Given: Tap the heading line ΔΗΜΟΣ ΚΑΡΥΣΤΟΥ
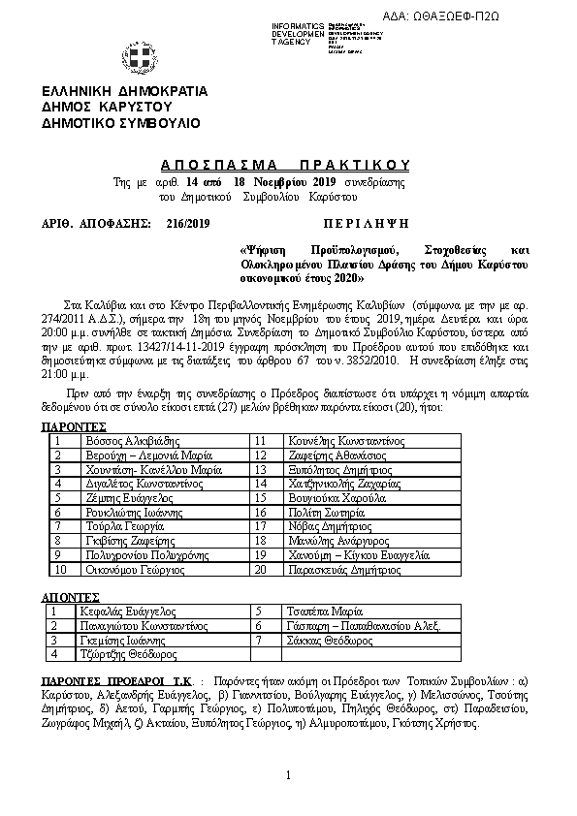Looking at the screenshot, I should [106, 107].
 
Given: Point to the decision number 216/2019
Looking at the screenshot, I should [188, 224].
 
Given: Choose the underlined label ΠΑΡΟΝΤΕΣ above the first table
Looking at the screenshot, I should [74, 426].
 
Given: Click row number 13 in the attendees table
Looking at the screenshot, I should [260, 469].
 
